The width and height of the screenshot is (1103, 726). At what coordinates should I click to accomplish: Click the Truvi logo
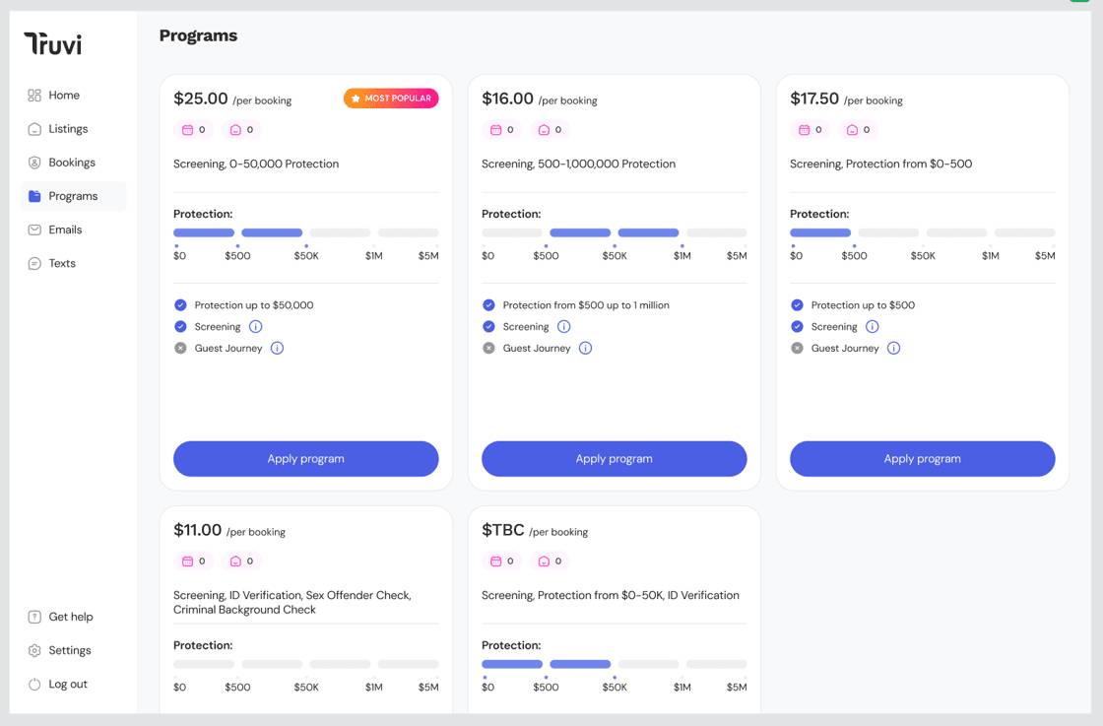tap(53, 43)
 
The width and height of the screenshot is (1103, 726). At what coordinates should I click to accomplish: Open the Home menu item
tap(63, 96)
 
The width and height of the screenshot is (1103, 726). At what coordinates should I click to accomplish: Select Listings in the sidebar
tap(68, 129)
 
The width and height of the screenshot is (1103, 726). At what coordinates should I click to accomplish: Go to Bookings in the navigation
tap(71, 163)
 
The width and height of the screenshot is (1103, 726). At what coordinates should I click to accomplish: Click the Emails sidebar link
tap(65, 230)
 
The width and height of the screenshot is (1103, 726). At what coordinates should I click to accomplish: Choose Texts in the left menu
tap(61, 263)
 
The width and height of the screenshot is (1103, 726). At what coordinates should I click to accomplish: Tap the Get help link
tap(70, 617)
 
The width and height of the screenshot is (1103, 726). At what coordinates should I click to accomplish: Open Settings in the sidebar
tap(69, 650)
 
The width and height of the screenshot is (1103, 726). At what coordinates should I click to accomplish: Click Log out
tap(67, 684)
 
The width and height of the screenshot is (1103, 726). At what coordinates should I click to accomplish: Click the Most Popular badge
tap(391, 99)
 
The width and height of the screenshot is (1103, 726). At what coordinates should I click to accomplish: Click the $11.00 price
tap(198, 530)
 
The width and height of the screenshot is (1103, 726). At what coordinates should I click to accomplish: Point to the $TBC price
tap(503, 530)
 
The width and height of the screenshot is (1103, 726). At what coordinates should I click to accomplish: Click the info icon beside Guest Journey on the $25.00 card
tap(277, 348)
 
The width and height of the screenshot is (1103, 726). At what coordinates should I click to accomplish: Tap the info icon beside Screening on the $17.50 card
tap(872, 327)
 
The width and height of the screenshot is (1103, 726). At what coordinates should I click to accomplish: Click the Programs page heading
tap(198, 35)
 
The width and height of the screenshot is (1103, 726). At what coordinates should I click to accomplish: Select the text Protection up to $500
tap(863, 305)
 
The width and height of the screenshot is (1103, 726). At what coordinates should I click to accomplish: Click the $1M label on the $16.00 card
tap(682, 256)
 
